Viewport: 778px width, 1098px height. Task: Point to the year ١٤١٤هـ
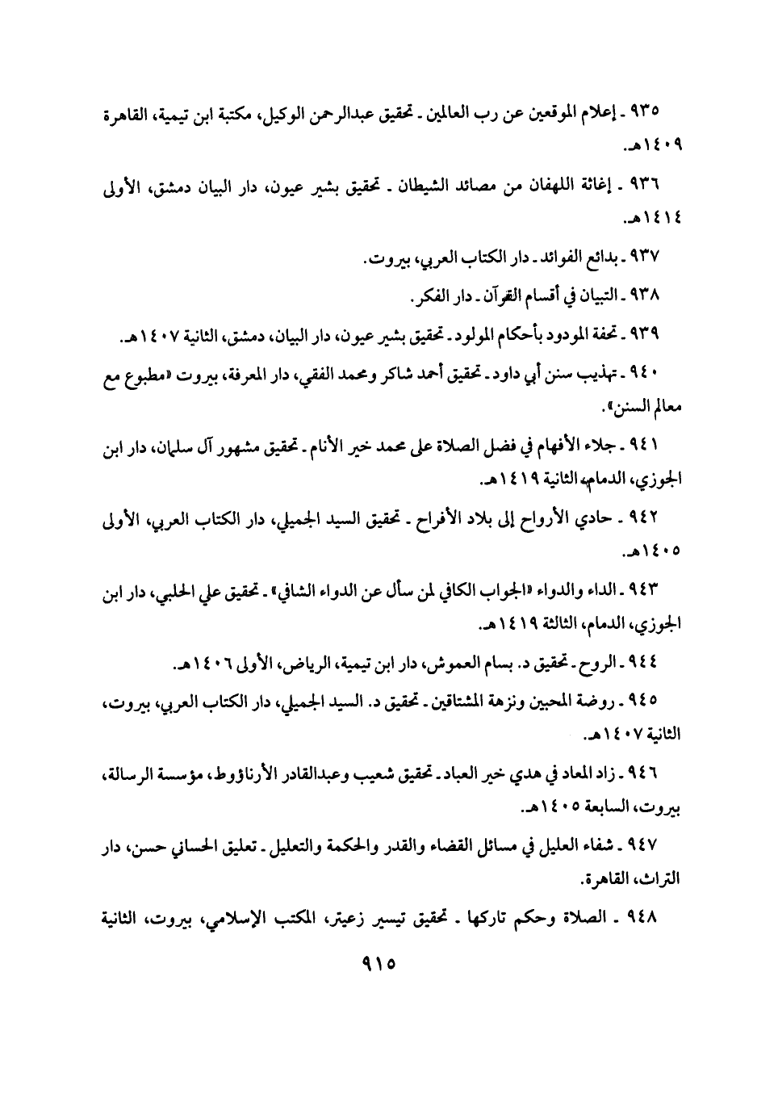(654, 218)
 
